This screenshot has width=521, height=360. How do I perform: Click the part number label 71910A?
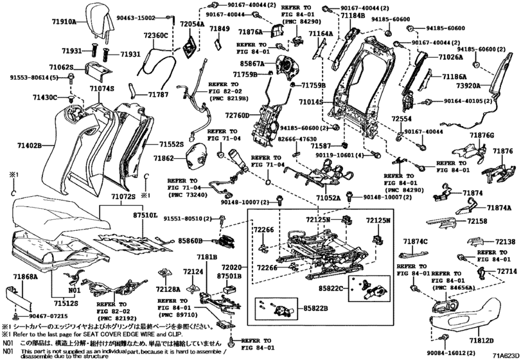[64, 21]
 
